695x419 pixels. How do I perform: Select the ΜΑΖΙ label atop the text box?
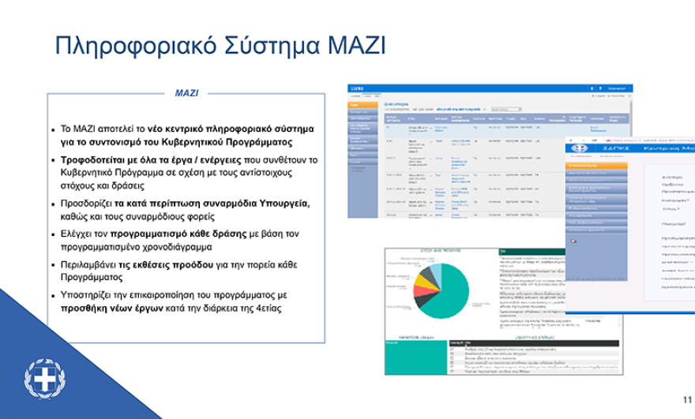coord(186,93)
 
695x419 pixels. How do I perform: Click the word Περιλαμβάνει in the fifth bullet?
coord(89,264)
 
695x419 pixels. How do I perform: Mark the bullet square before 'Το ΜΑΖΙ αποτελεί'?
coord(53,129)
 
